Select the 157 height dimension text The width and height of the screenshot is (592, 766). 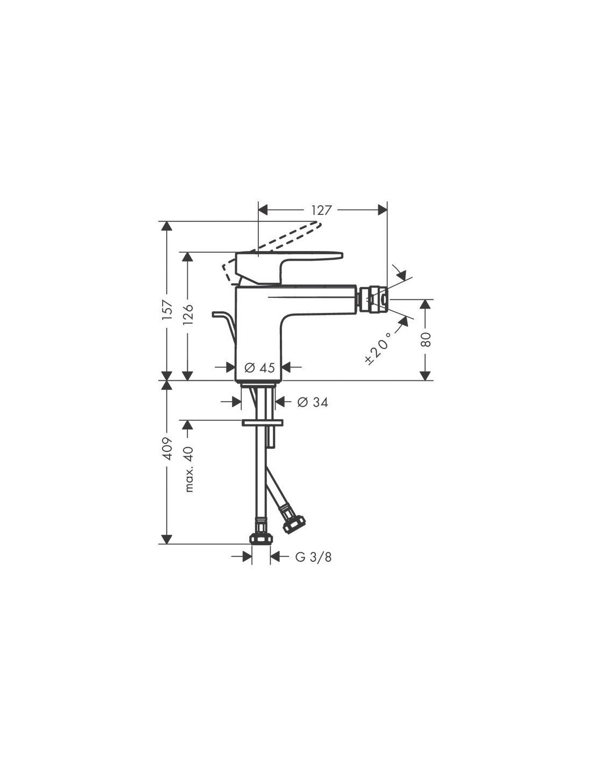point(168,310)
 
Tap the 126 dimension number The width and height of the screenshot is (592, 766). point(188,315)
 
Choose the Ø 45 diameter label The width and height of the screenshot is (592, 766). point(259,368)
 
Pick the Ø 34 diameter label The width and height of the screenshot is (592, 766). point(312,402)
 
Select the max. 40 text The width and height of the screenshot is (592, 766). point(189,469)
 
